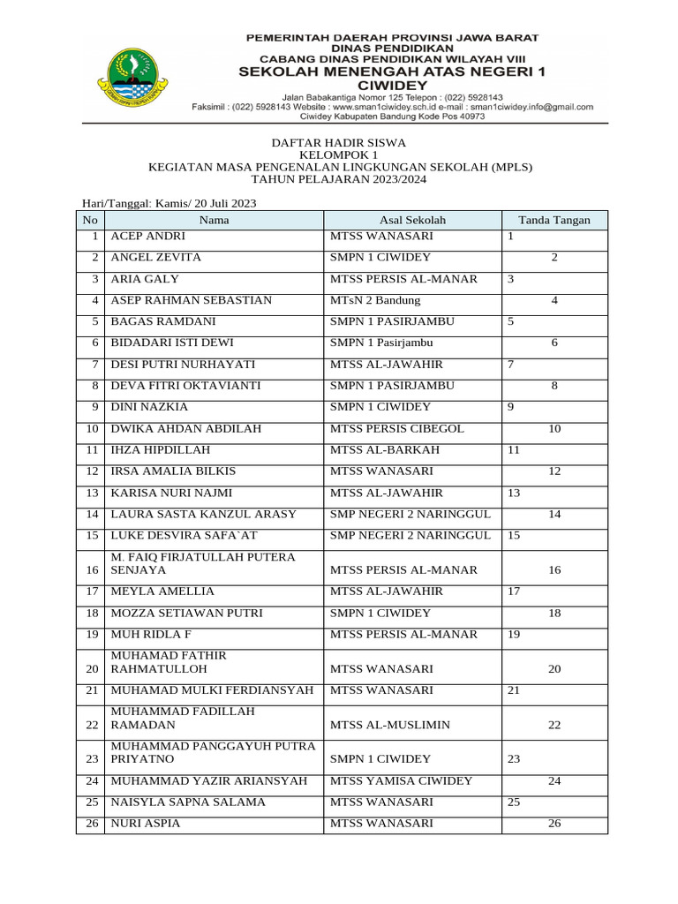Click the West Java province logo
click(x=132, y=74)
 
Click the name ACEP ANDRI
click(x=148, y=237)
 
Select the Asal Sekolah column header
click(x=412, y=221)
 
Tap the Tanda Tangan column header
click(x=554, y=221)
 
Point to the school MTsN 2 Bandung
click(x=375, y=301)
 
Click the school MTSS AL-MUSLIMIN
click(x=390, y=726)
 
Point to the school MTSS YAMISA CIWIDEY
click(x=402, y=781)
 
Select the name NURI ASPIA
click(x=145, y=824)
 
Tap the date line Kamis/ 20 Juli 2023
click(x=168, y=203)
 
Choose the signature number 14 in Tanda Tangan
click(x=554, y=515)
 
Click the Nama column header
click(x=214, y=221)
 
